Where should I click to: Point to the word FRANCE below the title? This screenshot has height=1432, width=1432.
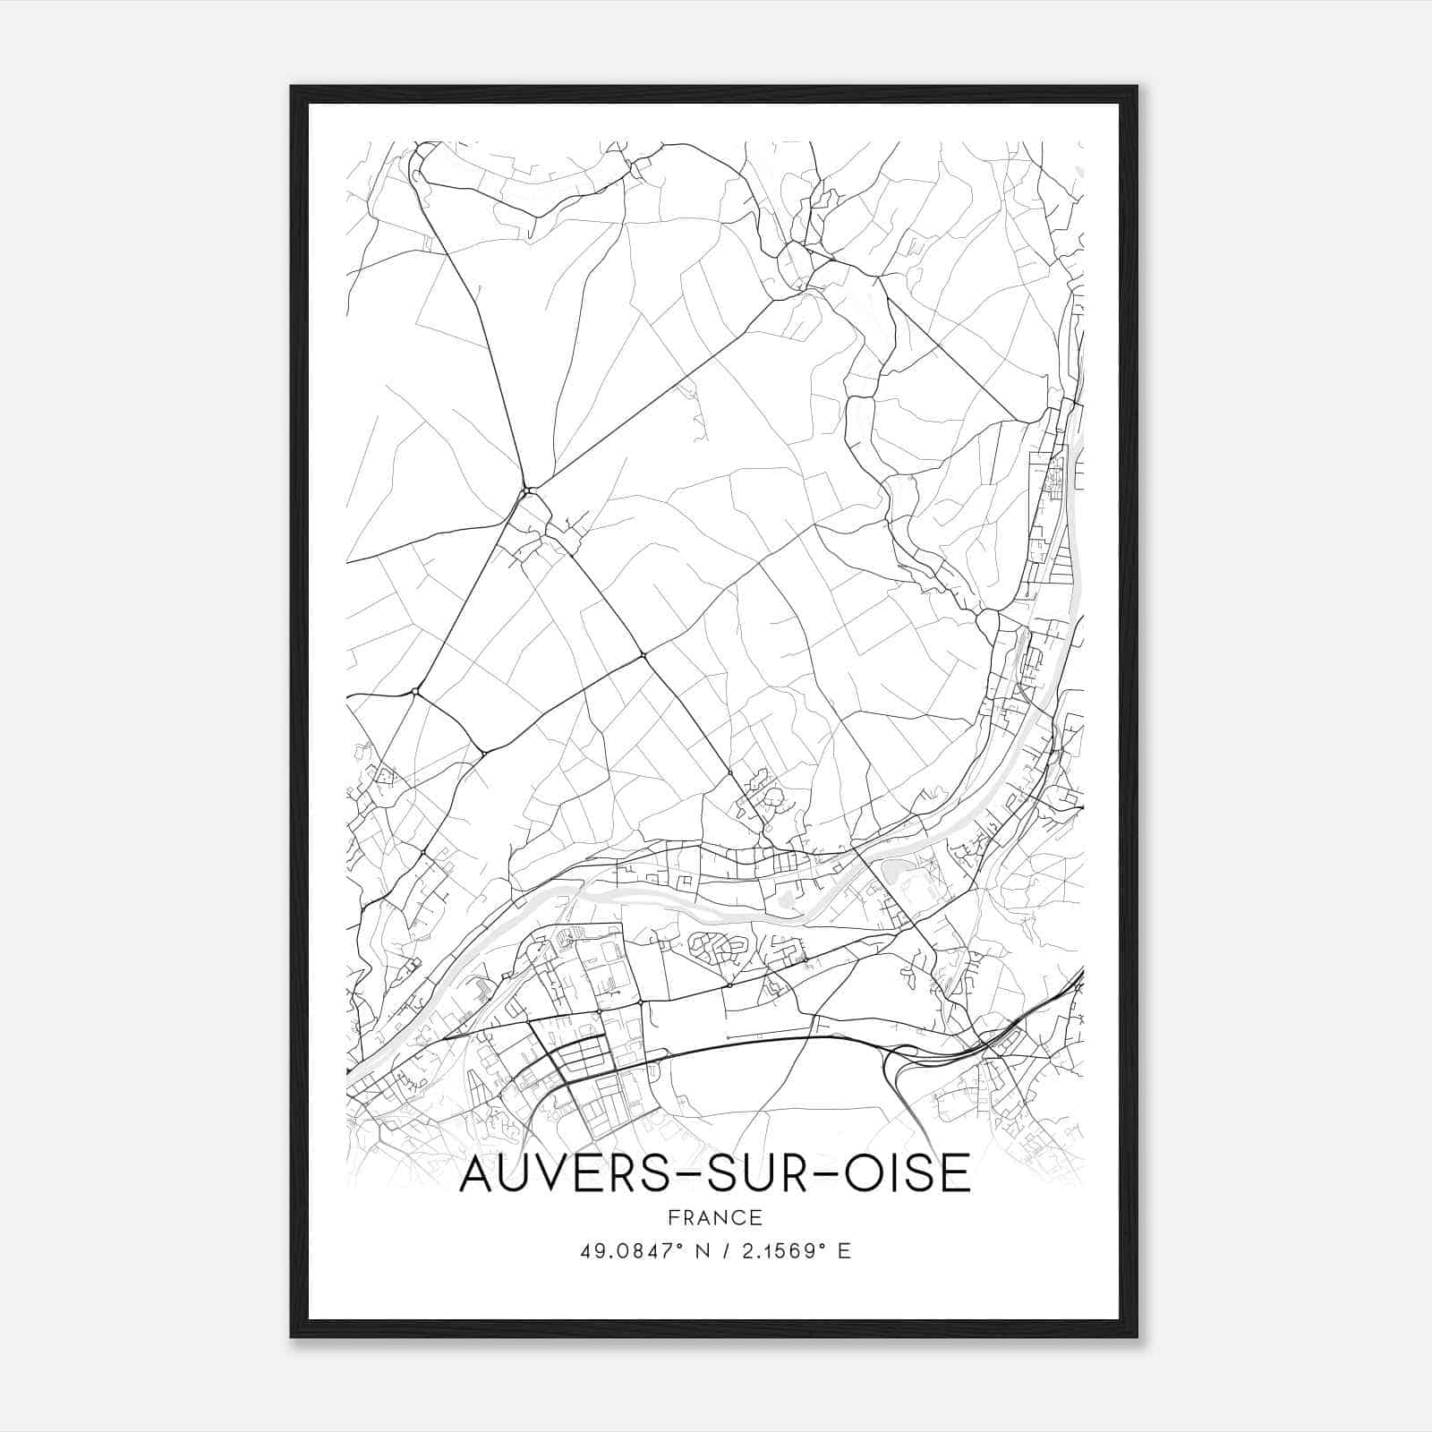pyautogui.click(x=715, y=1218)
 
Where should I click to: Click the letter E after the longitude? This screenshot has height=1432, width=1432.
pyautogui.click(x=844, y=1251)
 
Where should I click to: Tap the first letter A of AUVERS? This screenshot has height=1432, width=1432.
pyautogui.click(x=476, y=1174)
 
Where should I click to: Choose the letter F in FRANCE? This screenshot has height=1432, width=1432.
pyautogui.click(x=672, y=1218)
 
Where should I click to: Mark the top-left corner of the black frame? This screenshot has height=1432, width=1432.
pyautogui.click(x=292, y=87)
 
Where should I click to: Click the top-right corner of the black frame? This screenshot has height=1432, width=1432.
pyautogui.click(x=1137, y=87)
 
